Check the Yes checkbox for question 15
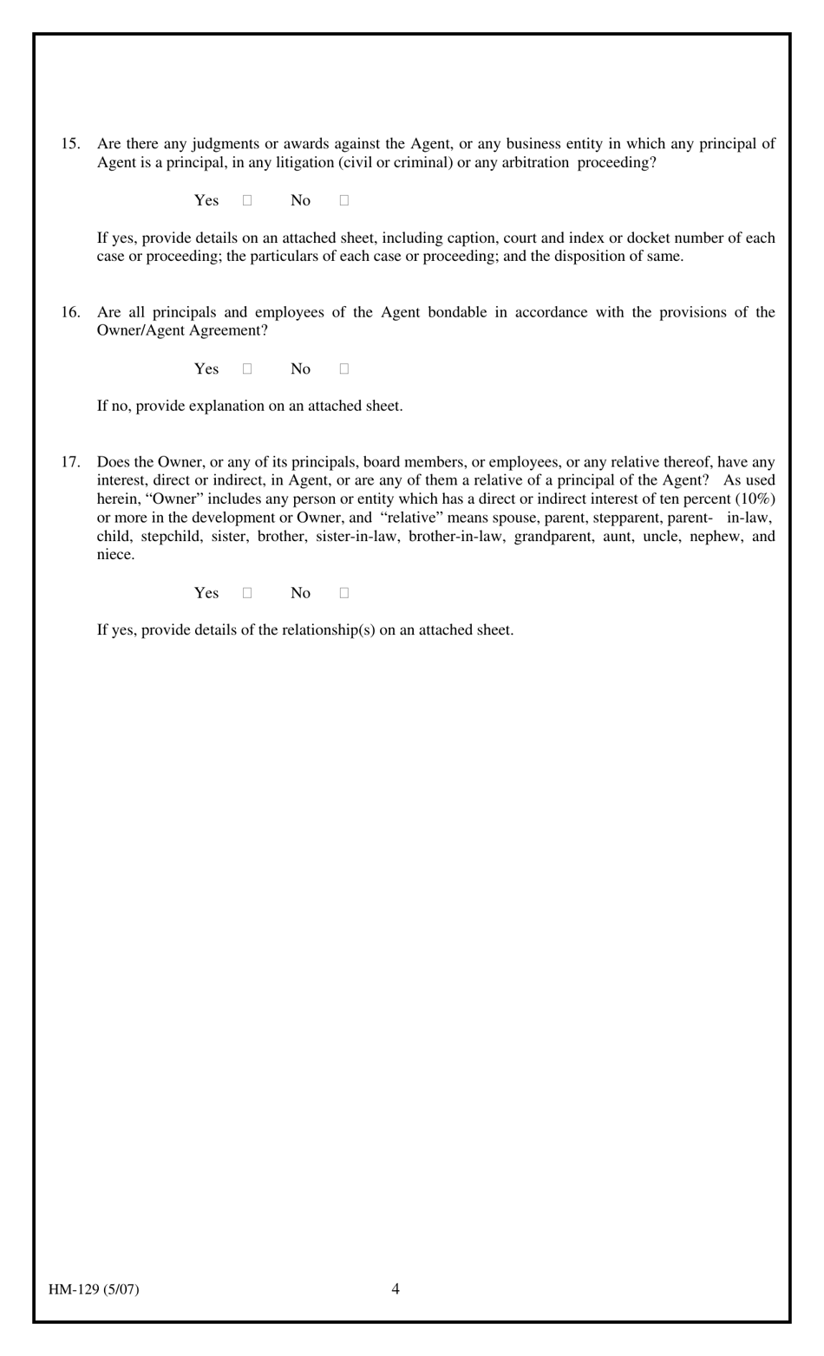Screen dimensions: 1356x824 [x=247, y=200]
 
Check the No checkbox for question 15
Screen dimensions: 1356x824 [x=344, y=200]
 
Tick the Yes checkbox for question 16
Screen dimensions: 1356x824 [x=247, y=368]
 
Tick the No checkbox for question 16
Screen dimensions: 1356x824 [x=344, y=368]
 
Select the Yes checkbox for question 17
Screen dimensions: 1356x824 [x=247, y=593]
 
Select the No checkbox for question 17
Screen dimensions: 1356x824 [x=344, y=593]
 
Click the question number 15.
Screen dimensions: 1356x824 [x=70, y=144]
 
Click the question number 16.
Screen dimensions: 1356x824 [x=70, y=312]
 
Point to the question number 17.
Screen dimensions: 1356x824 [x=70, y=462]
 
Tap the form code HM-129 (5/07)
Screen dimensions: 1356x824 [x=94, y=1289]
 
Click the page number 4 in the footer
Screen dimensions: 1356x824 [x=396, y=1288]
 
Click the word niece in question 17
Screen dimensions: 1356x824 [x=115, y=555]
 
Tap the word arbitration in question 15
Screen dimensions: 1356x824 [x=535, y=163]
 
